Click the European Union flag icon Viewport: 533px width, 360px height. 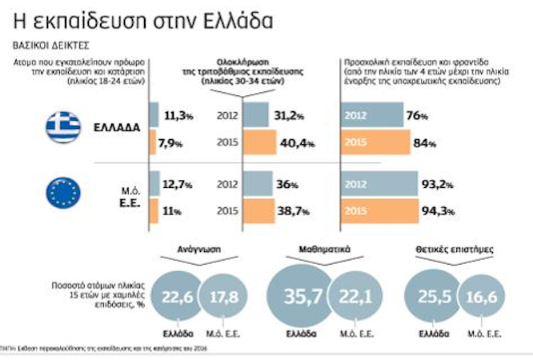coord(63,194)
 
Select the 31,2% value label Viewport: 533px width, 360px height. coord(290,115)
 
